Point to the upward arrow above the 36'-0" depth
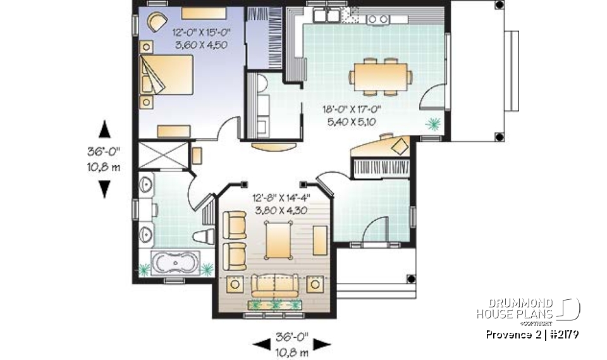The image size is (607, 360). click(105, 130)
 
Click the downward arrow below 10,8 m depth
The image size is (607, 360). click(105, 188)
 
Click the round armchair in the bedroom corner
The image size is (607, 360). click(156, 21)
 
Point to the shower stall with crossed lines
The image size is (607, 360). click(163, 156)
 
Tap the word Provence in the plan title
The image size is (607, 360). click(510, 334)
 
